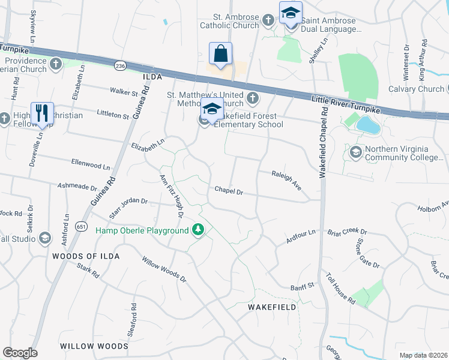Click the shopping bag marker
[220, 53]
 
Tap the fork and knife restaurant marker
[42, 113]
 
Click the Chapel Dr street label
[229, 191]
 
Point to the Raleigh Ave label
[286, 178]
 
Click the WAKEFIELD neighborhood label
[273, 307]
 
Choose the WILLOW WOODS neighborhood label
[94, 346]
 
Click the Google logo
[20, 353]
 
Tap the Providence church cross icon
[56, 64]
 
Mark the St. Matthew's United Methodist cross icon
[253, 98]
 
